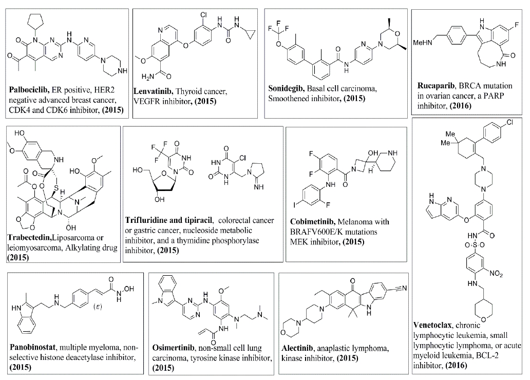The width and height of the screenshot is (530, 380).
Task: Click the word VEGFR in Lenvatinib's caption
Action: [x=147, y=101]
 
